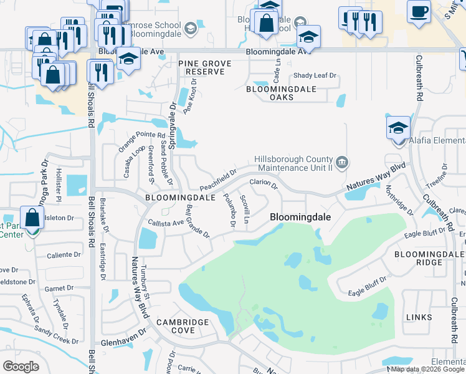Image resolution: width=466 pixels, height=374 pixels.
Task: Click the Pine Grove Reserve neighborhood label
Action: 204,67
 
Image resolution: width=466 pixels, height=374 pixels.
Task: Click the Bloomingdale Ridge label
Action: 429,259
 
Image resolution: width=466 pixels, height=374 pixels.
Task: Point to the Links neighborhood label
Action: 418,317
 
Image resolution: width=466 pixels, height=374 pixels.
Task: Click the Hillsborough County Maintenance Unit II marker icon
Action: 341,163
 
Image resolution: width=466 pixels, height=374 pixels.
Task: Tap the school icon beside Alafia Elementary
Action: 398,128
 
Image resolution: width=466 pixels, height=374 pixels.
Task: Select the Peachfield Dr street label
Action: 218,180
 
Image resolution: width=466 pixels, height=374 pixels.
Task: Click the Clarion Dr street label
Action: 264,184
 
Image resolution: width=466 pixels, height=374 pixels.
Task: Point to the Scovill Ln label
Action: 245,208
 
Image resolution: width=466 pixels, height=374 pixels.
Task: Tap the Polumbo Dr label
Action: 229,209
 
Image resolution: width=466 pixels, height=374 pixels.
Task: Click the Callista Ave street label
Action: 165,223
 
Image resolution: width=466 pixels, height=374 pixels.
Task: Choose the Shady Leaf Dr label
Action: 315,75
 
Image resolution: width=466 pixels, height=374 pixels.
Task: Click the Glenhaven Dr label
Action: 123,343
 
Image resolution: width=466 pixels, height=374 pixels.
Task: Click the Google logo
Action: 21,367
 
